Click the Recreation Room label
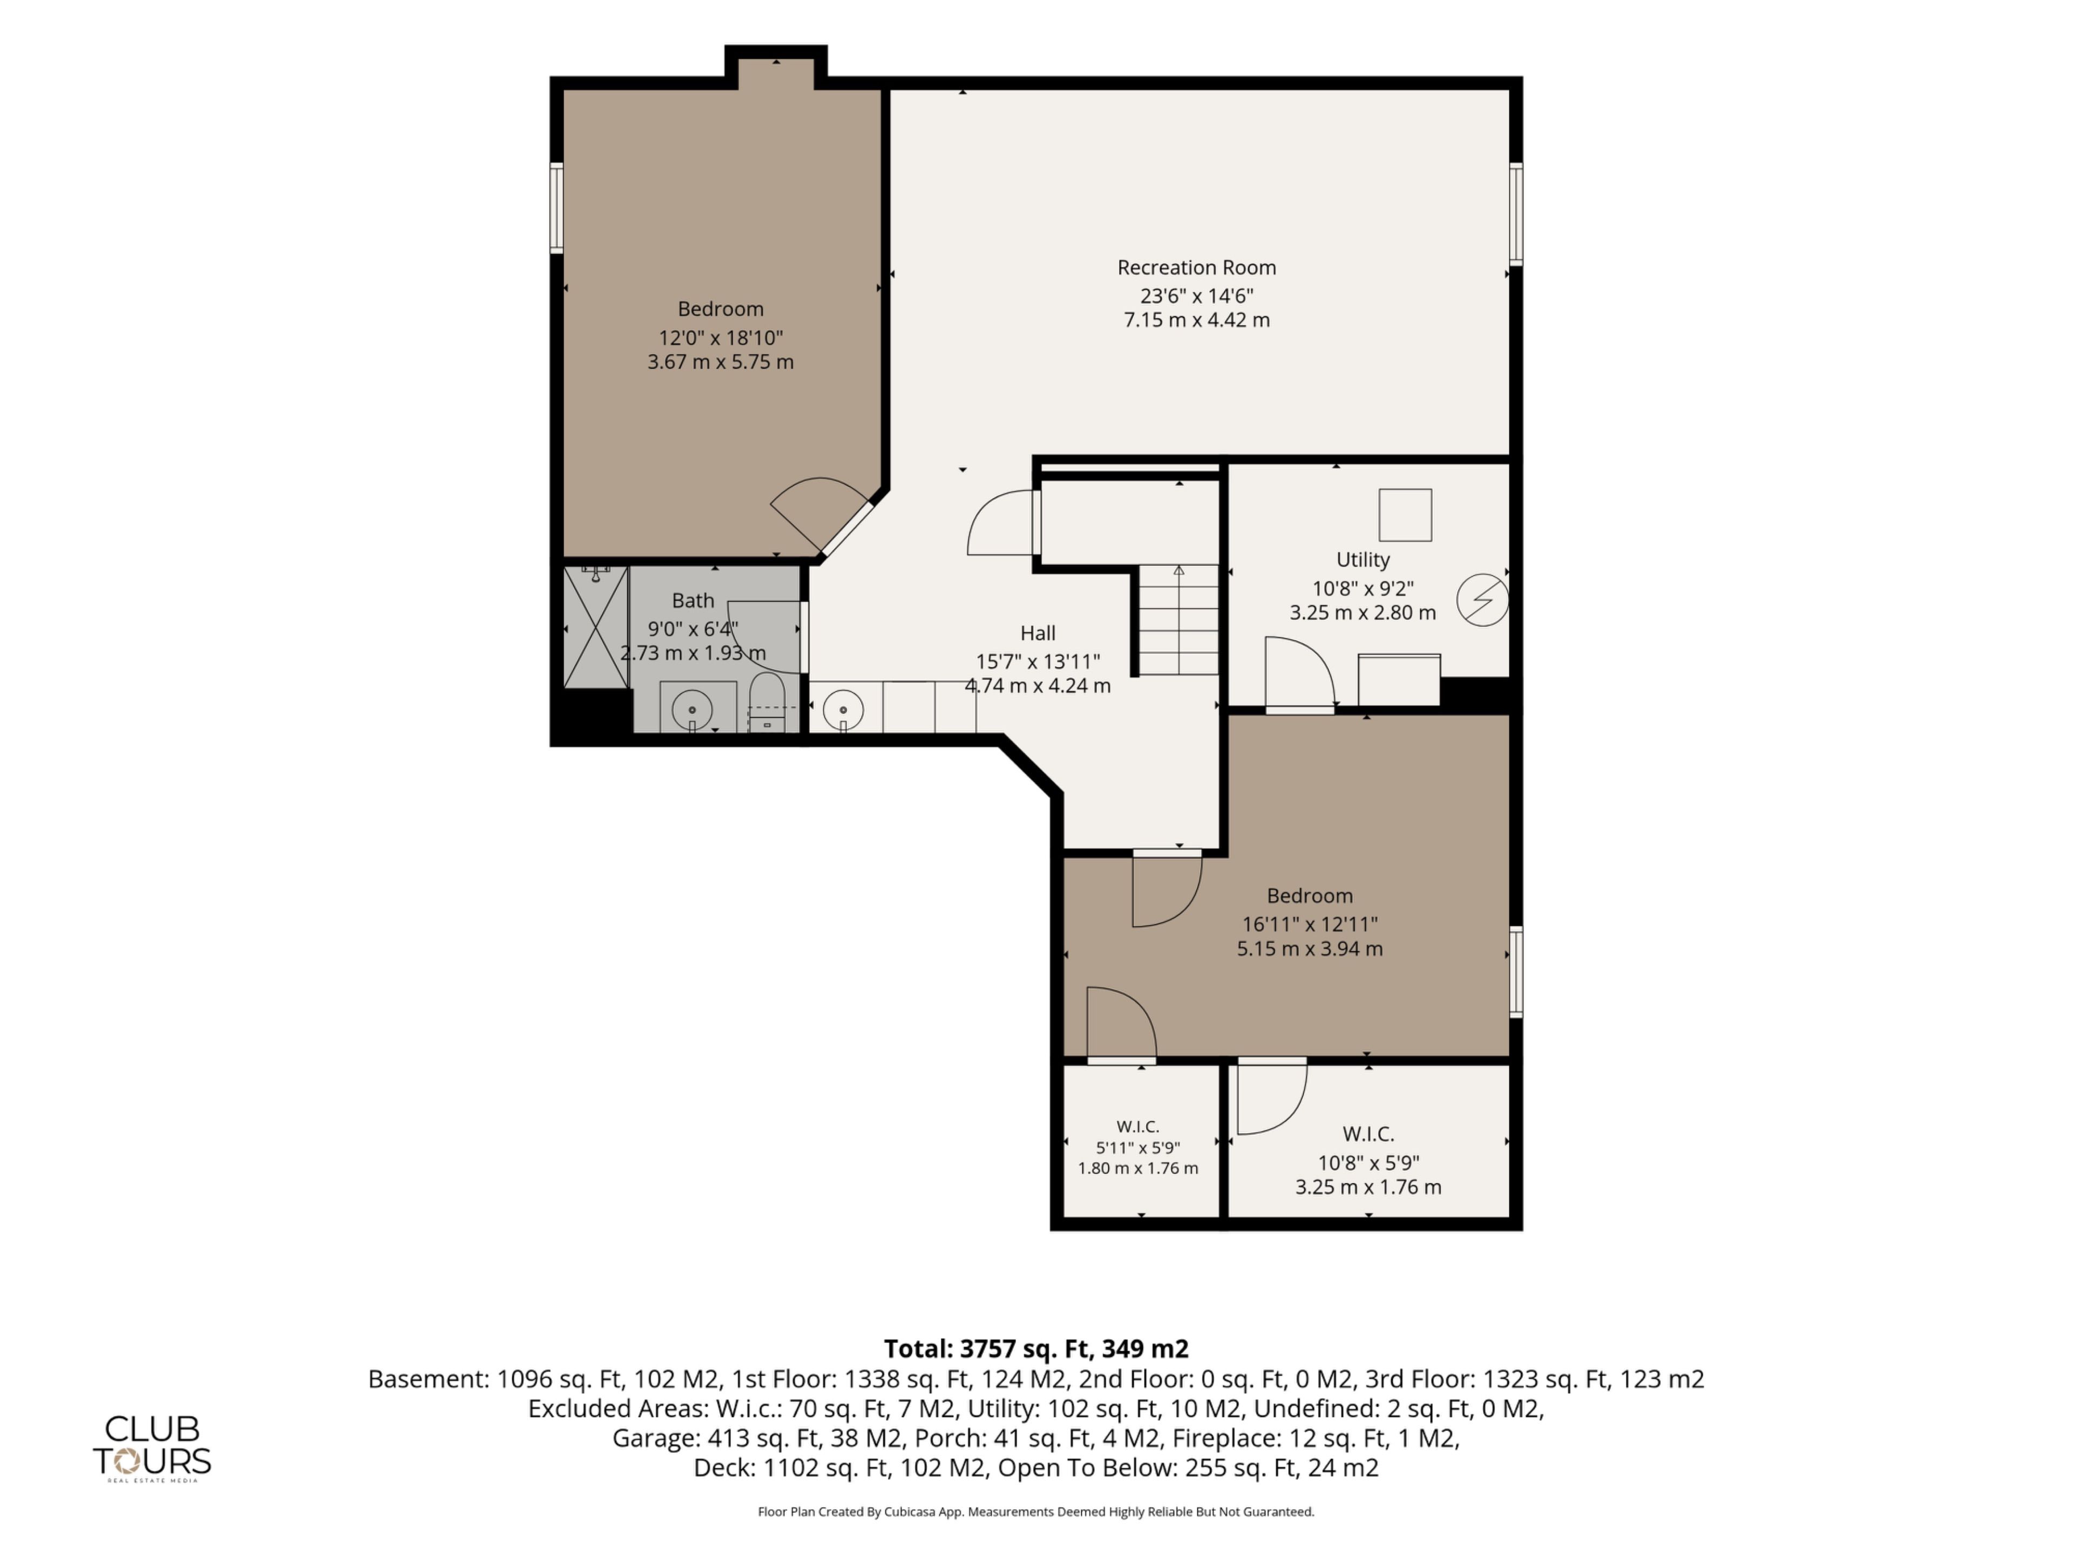[x=1197, y=268]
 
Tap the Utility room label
[x=1363, y=560]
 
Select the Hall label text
[x=1038, y=633]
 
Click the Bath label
[x=693, y=601]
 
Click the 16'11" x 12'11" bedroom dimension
[x=1310, y=924]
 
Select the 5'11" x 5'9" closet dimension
[x=1137, y=1148]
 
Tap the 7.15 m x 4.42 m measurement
[x=1197, y=321]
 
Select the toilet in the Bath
[x=767, y=701]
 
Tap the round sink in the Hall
[x=843, y=708]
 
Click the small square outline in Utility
[x=1405, y=515]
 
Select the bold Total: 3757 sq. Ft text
[x=1036, y=1349]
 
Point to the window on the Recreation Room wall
[x=1515, y=214]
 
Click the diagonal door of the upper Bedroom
[x=821, y=516]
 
